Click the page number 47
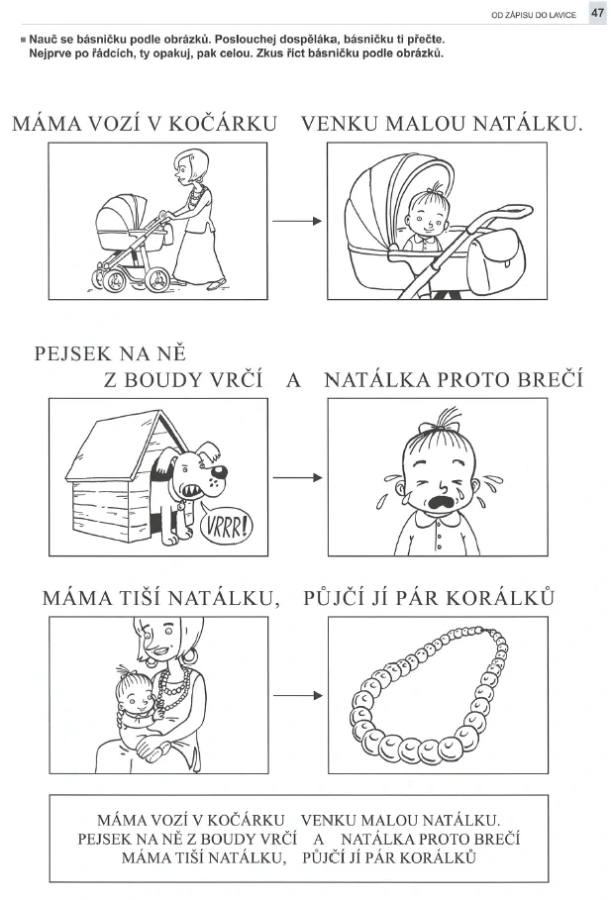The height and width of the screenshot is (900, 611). coord(597,13)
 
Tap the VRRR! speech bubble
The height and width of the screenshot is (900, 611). coord(226,525)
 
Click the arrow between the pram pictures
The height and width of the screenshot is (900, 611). coord(297,221)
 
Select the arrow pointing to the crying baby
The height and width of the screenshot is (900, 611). coord(297,477)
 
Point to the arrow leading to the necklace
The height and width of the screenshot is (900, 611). coord(297,696)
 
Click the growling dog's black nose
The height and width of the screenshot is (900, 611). coord(219,472)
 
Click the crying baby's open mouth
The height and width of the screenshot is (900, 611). coord(440,503)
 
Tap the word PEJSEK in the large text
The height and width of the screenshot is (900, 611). coord(72,353)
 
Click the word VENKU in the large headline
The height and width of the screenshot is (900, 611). coord(340,124)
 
